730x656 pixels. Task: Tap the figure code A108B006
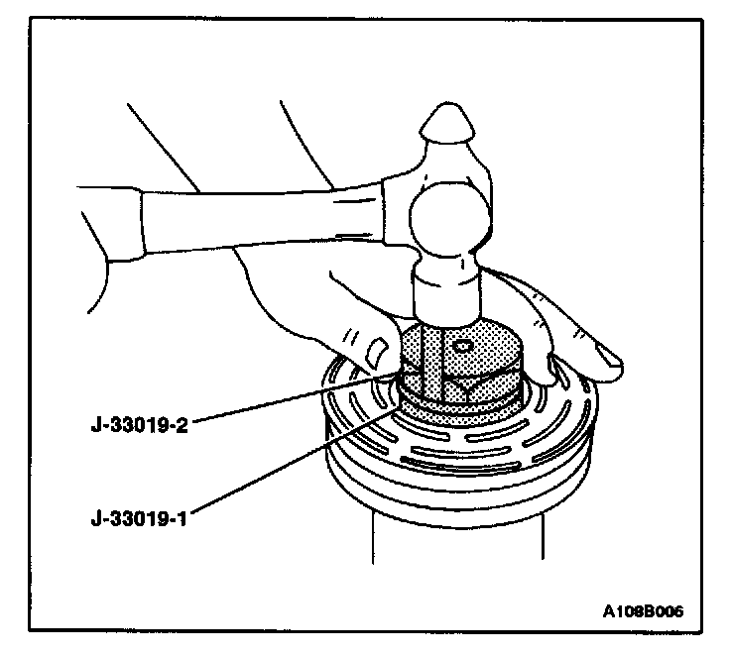[641, 611]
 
